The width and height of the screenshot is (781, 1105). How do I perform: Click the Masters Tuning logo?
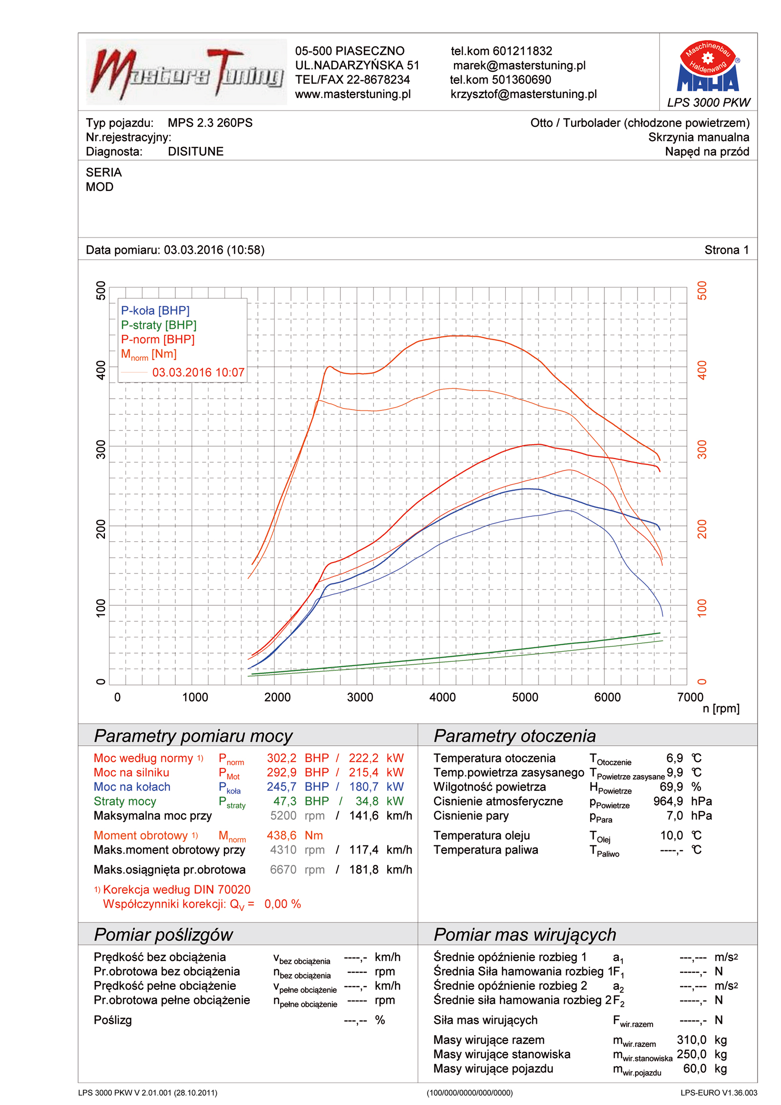[186, 72]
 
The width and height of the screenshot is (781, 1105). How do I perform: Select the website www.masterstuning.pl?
[352, 94]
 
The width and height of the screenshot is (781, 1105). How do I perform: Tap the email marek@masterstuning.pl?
[519, 65]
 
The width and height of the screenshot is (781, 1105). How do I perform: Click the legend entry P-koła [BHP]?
[155, 310]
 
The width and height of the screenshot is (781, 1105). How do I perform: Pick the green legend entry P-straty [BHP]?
[159, 325]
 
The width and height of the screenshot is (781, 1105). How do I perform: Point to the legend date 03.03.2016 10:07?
[198, 372]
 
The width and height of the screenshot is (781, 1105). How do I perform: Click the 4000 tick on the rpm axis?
[442, 697]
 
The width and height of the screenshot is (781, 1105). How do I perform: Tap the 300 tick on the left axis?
[101, 450]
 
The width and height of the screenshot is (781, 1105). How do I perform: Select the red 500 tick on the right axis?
[701, 291]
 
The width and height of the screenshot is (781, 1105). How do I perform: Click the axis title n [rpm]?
[720, 708]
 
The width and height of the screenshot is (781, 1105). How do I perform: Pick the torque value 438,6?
[281, 835]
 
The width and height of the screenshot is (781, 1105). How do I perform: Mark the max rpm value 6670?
[283, 869]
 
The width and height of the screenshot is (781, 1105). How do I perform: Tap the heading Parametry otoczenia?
[514, 736]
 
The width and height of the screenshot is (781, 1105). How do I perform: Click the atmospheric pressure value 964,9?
[668, 801]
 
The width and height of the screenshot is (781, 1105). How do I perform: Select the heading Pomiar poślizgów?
[163, 934]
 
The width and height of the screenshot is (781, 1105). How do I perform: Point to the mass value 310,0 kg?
[691, 1040]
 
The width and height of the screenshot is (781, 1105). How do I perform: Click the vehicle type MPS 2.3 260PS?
[210, 123]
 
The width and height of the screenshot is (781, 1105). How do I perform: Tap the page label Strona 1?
[726, 250]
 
